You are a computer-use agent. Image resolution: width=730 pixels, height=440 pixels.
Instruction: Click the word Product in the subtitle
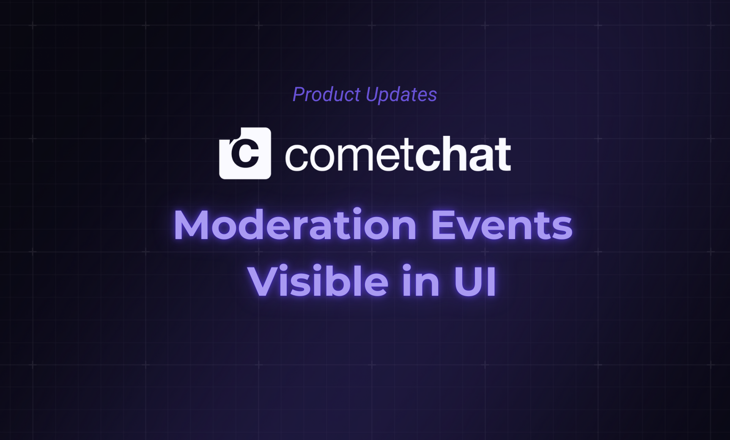click(x=326, y=94)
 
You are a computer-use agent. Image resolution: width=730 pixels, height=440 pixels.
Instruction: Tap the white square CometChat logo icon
click(x=245, y=153)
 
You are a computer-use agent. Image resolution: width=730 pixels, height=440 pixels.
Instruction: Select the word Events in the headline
click(x=502, y=225)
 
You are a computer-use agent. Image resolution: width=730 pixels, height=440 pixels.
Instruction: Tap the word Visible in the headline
click(x=318, y=280)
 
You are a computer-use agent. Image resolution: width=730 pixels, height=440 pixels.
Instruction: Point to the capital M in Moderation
click(x=193, y=225)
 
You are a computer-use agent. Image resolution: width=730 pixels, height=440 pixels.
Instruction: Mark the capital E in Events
click(x=444, y=225)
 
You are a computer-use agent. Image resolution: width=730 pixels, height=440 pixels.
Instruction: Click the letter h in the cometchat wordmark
click(x=454, y=154)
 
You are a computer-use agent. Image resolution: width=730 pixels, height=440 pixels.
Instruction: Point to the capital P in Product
click(x=299, y=94)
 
